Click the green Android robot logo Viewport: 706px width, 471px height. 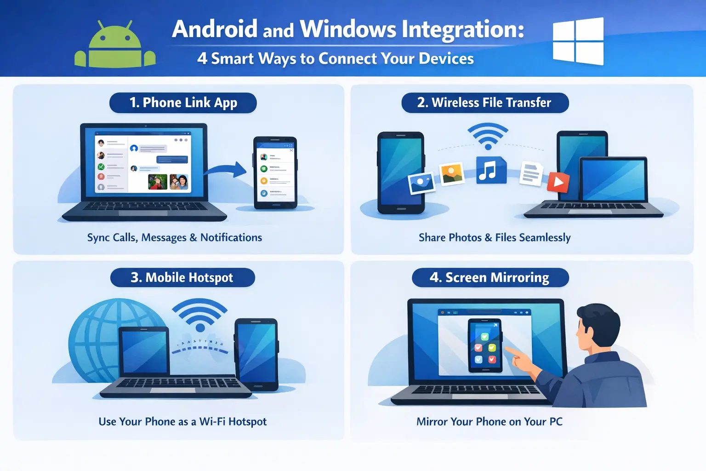point(115,46)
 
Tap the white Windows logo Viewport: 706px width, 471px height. point(578,41)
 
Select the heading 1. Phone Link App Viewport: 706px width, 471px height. point(183,103)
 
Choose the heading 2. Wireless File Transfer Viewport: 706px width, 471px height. point(484,103)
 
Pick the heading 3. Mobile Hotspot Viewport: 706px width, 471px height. point(182,277)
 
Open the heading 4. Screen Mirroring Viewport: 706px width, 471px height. point(490,277)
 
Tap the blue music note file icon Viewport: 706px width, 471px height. point(490,171)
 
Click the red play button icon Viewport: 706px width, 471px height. point(558,183)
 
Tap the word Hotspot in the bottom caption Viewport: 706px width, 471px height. point(247,422)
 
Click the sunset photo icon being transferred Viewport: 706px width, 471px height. point(452,174)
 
